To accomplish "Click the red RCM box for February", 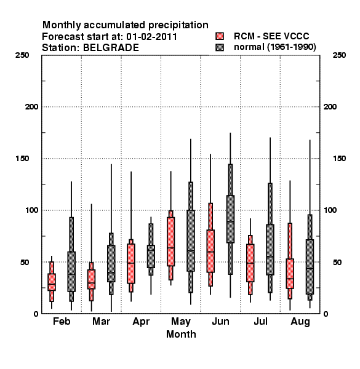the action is [52, 282].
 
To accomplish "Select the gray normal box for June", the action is [230, 219].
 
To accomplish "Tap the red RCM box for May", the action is [170, 242].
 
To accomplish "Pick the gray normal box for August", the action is [310, 267].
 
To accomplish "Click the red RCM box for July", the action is [250, 263].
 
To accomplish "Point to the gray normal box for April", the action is [151, 256].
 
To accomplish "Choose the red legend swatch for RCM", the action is [220, 36].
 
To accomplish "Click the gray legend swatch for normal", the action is [220, 47].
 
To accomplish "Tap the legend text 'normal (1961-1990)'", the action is [274, 47].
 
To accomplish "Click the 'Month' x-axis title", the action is [181, 334].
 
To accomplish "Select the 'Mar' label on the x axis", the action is [102, 321].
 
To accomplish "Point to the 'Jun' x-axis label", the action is [220, 321].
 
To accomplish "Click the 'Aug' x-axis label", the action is [300, 322].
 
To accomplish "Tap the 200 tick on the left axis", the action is [31, 107].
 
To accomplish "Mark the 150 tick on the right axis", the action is [339, 159].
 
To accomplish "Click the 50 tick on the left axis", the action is [25, 262].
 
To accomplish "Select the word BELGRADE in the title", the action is [111, 48].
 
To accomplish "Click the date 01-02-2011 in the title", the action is [151, 37].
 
